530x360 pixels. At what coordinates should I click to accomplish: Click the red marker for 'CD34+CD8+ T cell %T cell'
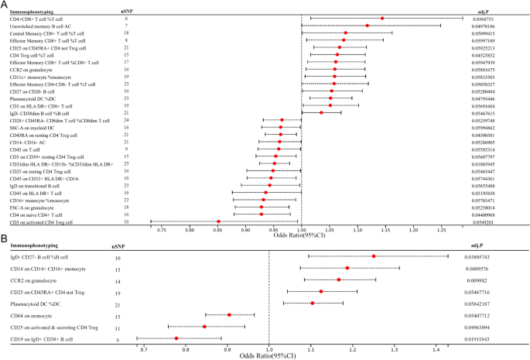[x=382, y=18]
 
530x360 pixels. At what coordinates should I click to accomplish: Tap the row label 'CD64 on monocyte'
[x=33, y=315]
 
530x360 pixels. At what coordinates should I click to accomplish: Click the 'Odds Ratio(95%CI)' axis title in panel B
[x=270, y=355]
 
